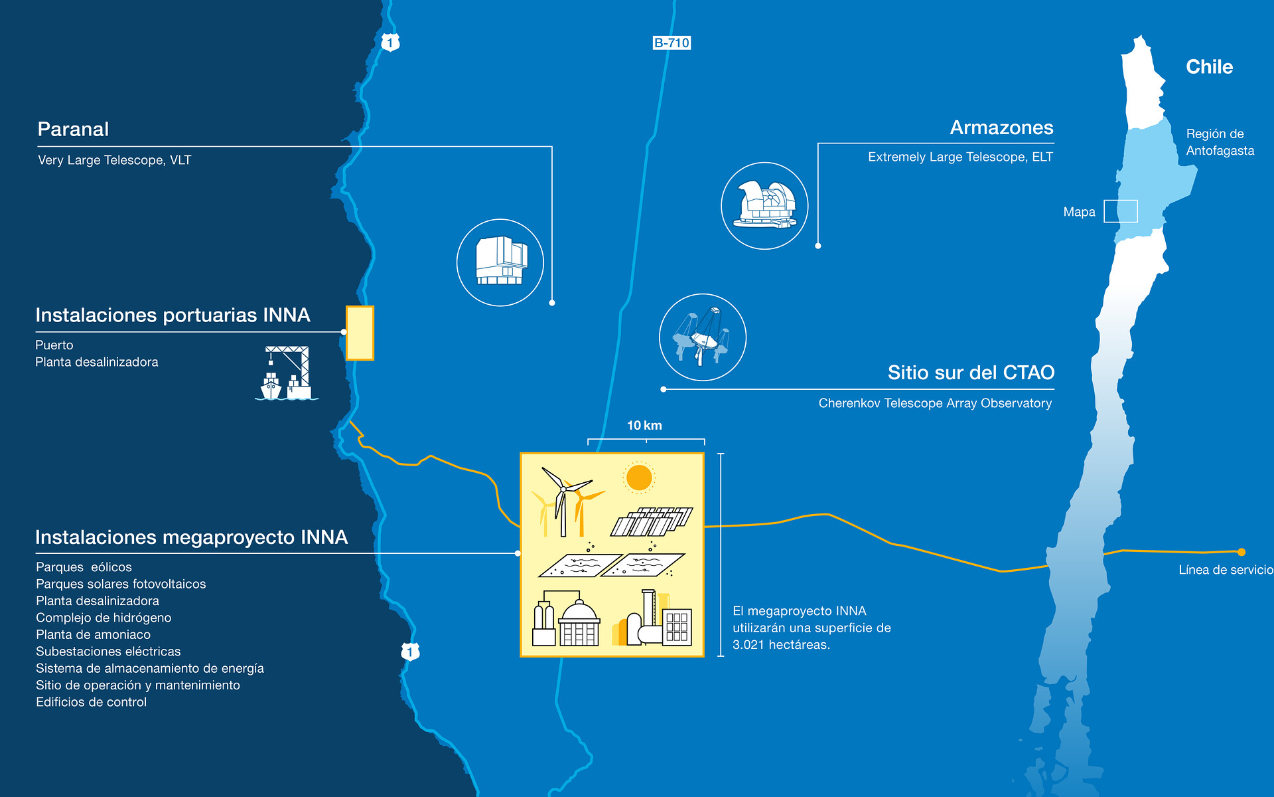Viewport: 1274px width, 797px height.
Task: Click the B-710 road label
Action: point(672,43)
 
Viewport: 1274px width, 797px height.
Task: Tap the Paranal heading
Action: point(73,129)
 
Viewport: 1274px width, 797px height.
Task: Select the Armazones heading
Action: point(1001,128)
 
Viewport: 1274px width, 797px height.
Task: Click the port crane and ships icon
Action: point(287,373)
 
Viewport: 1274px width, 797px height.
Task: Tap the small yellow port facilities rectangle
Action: point(360,333)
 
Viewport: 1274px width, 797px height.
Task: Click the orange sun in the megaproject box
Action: point(639,478)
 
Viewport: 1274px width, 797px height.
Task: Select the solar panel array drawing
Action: point(652,522)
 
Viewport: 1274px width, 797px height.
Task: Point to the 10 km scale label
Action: point(644,426)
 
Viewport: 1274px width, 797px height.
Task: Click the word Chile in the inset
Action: point(1209,67)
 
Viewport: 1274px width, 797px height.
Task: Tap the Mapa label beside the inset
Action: point(1079,212)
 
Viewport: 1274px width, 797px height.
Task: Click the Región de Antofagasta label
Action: point(1220,142)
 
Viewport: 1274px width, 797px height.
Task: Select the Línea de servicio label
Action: point(1226,570)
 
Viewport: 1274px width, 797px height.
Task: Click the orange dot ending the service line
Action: point(1241,552)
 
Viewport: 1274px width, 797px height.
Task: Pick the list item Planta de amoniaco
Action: point(94,634)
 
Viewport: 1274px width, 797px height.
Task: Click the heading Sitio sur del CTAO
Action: point(971,373)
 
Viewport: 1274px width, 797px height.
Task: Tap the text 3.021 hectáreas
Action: point(781,645)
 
